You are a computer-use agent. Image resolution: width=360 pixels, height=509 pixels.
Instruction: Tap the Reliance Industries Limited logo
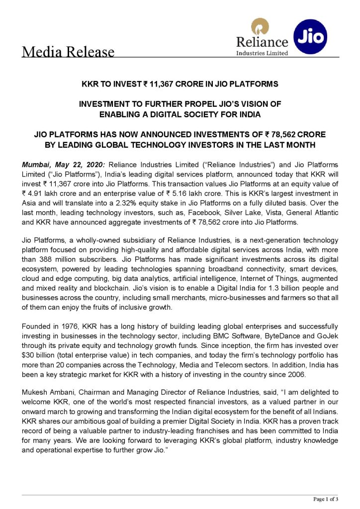click(x=262, y=39)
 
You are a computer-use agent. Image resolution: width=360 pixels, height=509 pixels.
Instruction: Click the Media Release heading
click(x=68, y=52)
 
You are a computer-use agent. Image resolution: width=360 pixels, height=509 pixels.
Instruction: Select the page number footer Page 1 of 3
click(x=326, y=499)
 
